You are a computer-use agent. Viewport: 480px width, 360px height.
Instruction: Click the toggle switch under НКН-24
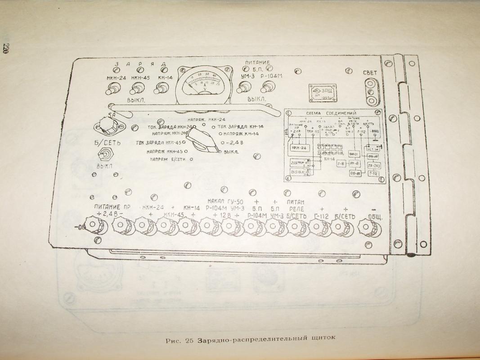[110, 90]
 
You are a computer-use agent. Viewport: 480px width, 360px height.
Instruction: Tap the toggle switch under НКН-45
[135, 90]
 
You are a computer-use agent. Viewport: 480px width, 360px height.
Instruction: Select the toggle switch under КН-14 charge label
[158, 90]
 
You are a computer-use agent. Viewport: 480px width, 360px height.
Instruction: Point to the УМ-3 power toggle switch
[241, 89]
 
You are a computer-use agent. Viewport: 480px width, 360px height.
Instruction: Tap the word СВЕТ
[370, 72]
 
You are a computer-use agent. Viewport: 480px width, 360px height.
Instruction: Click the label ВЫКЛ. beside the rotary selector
[231, 152]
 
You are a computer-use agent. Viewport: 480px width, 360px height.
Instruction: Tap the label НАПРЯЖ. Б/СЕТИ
[169, 159]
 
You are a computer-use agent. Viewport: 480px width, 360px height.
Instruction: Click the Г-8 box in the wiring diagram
[341, 164]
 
